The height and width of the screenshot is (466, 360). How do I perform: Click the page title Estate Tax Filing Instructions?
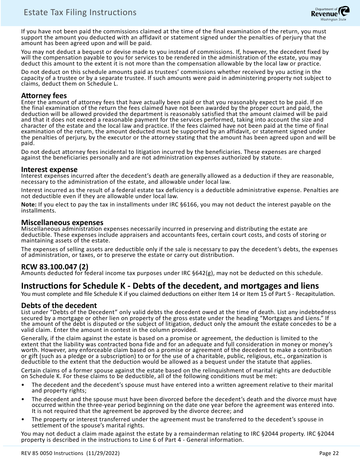[80, 13]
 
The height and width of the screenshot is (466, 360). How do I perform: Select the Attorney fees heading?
[44, 96]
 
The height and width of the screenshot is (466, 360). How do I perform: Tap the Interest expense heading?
[49, 169]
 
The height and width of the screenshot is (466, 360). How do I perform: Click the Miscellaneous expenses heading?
[62, 222]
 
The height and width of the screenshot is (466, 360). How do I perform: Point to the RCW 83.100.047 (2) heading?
[55, 267]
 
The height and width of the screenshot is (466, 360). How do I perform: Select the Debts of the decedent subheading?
[59, 305]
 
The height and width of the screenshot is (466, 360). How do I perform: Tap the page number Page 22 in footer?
[329, 453]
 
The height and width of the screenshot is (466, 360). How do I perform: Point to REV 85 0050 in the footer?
[39, 453]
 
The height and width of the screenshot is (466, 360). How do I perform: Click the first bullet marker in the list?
[23, 385]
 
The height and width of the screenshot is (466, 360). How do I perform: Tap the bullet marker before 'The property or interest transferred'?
[23, 419]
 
